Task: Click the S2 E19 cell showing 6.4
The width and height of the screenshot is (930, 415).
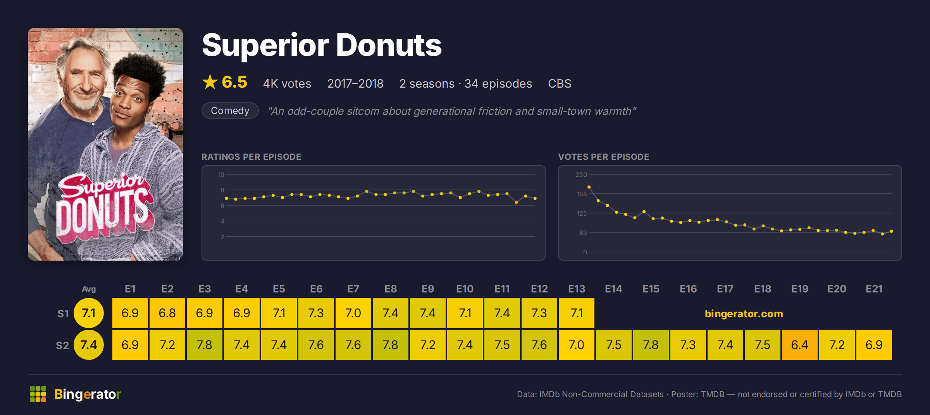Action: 799,345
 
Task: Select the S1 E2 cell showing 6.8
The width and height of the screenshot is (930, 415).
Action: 167,313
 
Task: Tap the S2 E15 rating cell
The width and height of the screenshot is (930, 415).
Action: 651,345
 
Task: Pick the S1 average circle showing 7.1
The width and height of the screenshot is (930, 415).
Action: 89,313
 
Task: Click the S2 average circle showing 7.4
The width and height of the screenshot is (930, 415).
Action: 89,345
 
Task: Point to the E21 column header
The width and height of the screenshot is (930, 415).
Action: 874,289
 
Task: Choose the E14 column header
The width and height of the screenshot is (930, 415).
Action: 613,289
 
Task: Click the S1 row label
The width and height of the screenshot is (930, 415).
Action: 63,313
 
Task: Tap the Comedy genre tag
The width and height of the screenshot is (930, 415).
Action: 230,111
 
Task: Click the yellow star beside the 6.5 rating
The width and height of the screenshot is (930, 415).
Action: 210,82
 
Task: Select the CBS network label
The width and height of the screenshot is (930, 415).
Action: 560,83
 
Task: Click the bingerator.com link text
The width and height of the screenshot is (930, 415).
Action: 744,313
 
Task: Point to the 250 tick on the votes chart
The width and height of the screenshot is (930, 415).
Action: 581,175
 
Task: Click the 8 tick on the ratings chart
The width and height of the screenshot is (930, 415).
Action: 222,190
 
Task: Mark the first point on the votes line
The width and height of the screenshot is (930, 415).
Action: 589,187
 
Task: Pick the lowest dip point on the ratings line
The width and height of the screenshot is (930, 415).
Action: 516,202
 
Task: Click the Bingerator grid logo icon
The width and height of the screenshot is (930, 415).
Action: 38,394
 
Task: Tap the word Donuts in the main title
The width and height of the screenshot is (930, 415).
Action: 389,45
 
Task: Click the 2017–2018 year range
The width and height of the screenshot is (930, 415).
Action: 355,83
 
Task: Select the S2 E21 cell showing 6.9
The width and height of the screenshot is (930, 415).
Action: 874,345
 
